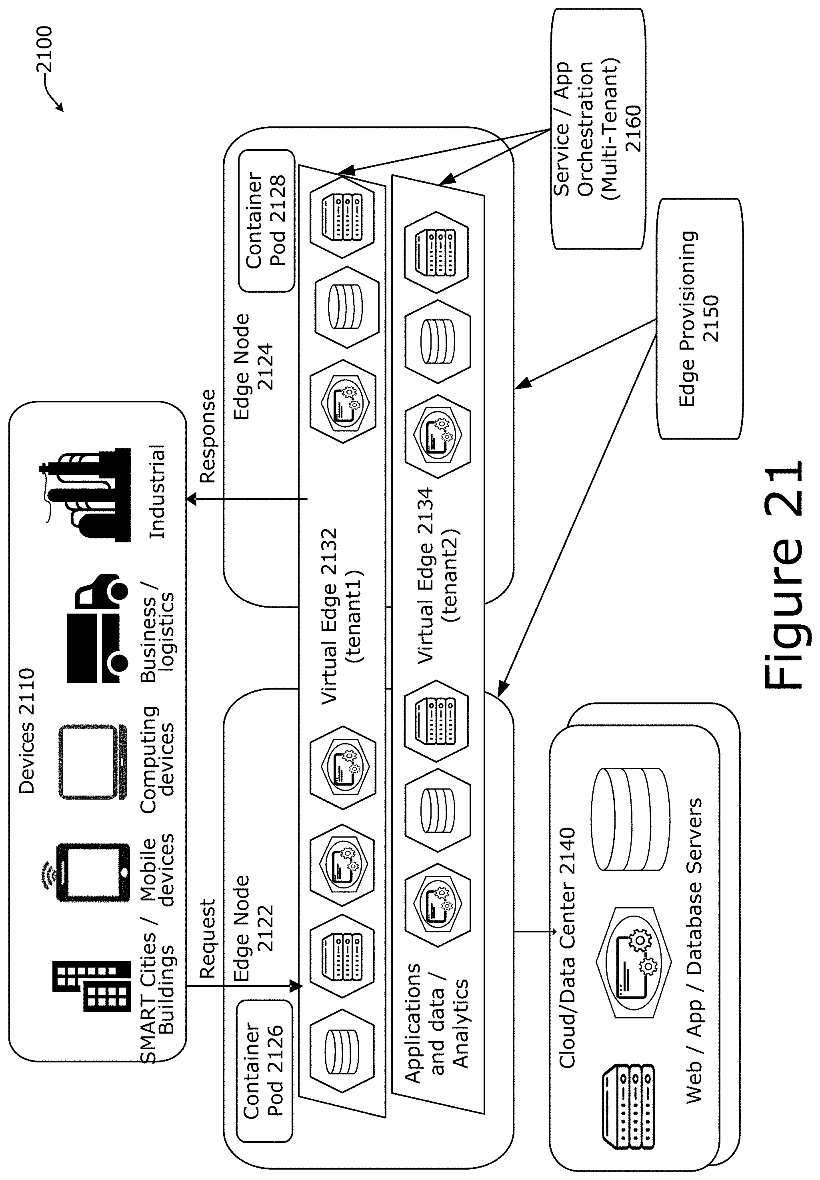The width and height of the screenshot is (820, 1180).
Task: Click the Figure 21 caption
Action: pos(784,578)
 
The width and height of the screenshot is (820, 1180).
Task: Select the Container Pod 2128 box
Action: pos(266,220)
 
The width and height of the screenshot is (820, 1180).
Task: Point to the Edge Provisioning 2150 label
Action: pos(699,318)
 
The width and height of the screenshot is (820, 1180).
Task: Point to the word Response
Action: pos(208,436)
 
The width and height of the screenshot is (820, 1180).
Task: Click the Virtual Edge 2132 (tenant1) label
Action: pos(342,616)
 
